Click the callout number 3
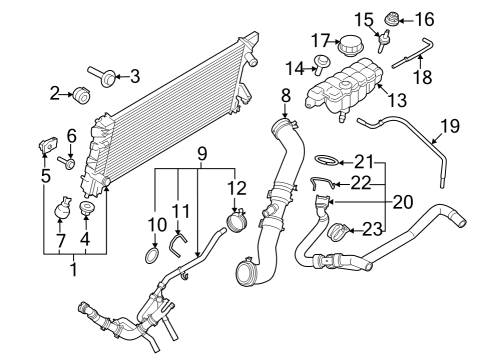(136, 75)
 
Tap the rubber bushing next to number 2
(82, 95)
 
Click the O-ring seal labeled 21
(328, 161)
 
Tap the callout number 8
(286, 96)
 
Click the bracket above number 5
(46, 144)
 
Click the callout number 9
(201, 156)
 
